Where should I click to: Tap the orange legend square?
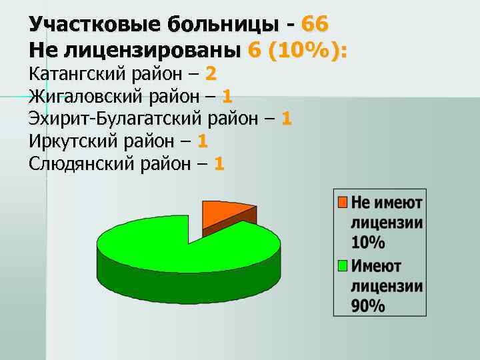pyautogui.click(x=343, y=201)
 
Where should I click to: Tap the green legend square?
pyautogui.click(x=343, y=266)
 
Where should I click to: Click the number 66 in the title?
pyautogui.click(x=315, y=25)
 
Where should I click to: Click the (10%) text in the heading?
pyautogui.click(x=308, y=49)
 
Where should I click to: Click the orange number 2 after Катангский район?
pyautogui.click(x=211, y=73)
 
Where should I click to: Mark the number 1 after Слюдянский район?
pyautogui.click(x=219, y=163)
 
